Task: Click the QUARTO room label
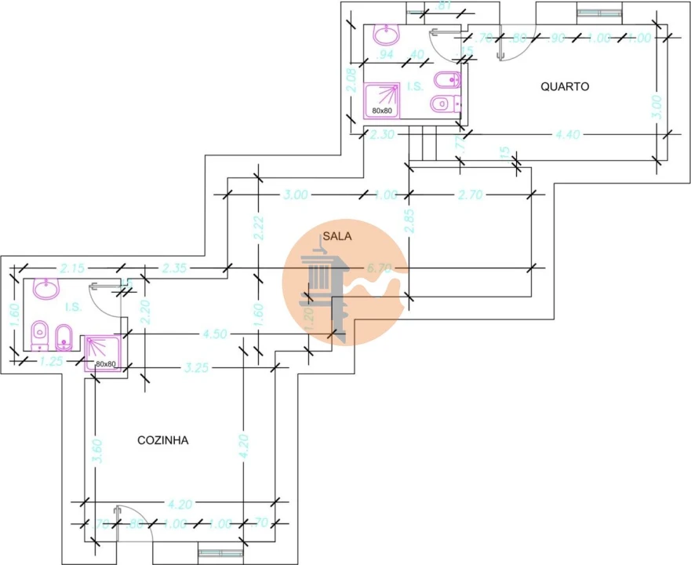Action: [x=565, y=87]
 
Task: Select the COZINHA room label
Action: [x=162, y=440]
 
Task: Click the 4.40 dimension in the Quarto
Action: [x=567, y=135]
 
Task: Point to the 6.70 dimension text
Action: [x=380, y=268]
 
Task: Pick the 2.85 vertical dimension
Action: [x=408, y=221]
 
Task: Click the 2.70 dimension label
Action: [x=470, y=195]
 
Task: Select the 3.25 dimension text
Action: [x=198, y=366]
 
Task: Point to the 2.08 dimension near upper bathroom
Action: [x=352, y=81]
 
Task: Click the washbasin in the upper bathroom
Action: [x=385, y=34]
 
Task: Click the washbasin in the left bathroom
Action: [x=46, y=290]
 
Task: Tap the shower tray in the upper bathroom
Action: [x=383, y=100]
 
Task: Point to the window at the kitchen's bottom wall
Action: [x=220, y=553]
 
